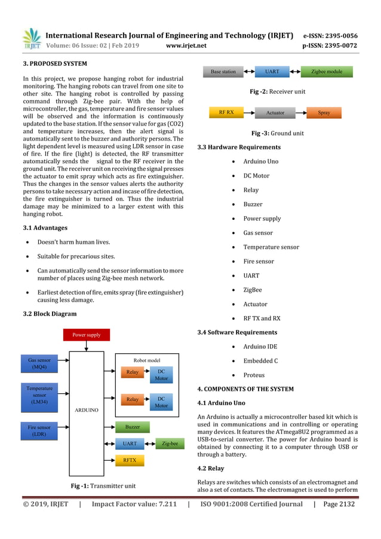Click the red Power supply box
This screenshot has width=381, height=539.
(x=86, y=335)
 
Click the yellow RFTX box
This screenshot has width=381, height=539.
(x=130, y=461)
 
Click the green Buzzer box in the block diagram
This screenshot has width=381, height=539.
(x=133, y=427)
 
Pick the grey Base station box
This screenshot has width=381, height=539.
(x=223, y=72)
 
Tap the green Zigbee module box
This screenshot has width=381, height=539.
(x=327, y=72)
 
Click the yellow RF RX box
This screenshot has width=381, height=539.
(x=226, y=112)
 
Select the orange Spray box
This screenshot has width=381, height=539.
(x=324, y=112)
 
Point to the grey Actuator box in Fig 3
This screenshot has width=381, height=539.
(x=275, y=112)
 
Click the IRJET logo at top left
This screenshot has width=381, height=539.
(x=32, y=38)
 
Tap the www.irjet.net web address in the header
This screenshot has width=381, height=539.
(x=186, y=45)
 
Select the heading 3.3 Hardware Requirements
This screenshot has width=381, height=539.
(x=238, y=147)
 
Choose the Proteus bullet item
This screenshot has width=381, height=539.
(x=253, y=375)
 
